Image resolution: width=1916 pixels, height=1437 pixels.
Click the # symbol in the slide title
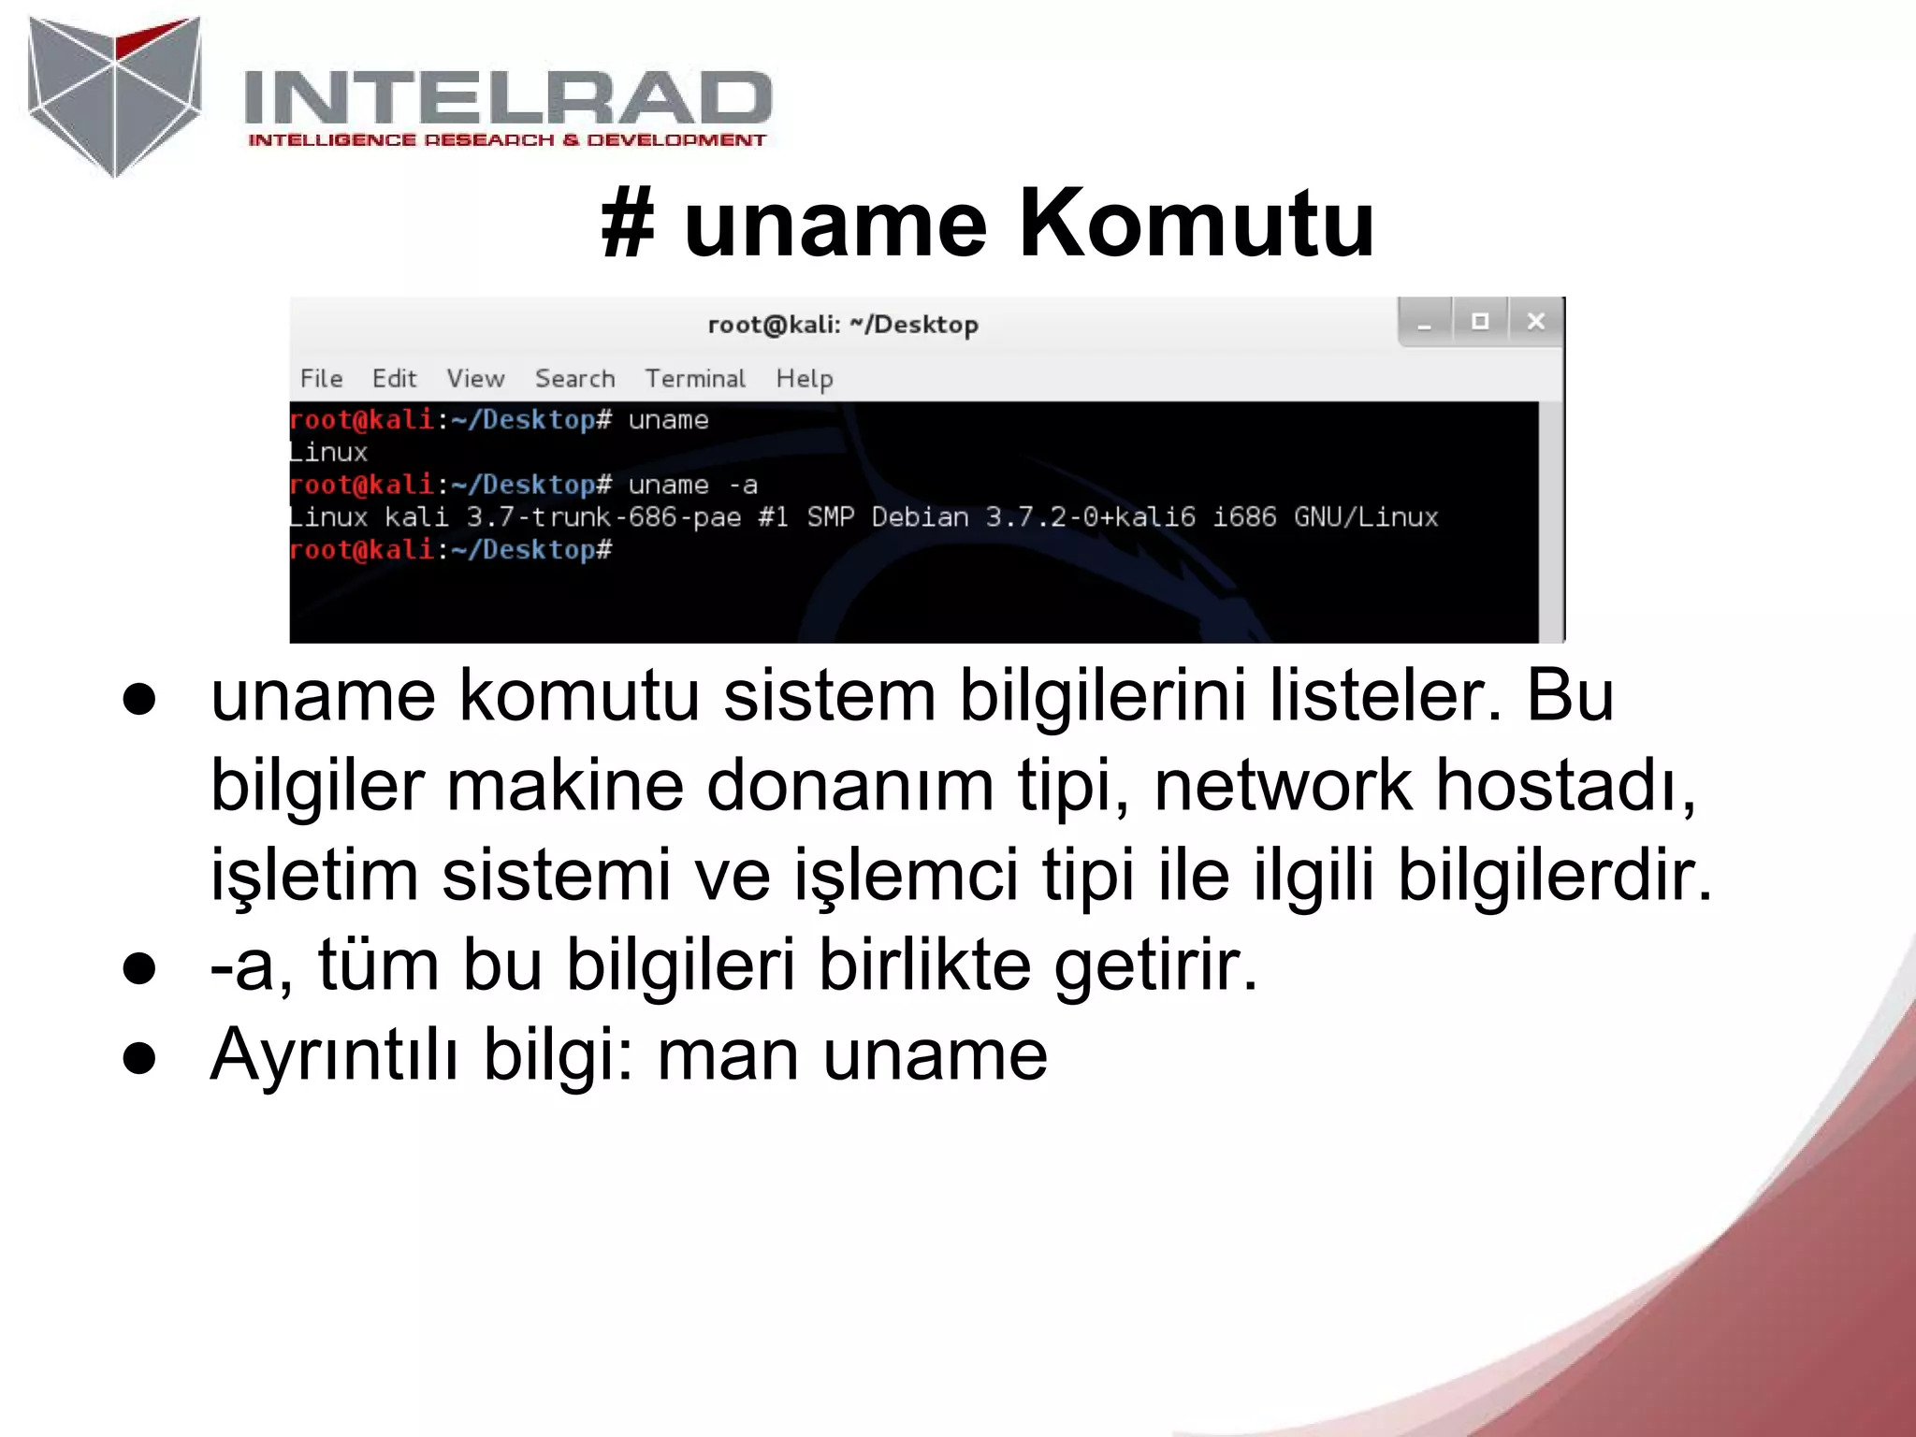point(627,225)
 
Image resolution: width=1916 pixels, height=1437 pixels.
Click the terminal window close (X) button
point(1535,322)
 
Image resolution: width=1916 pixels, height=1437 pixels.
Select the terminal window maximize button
point(1480,322)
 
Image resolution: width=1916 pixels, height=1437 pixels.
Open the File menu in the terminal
point(321,378)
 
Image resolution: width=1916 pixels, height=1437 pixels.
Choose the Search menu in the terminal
point(574,378)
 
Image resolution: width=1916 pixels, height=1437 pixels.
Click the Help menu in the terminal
point(804,378)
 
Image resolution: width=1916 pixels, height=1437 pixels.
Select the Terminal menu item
point(695,378)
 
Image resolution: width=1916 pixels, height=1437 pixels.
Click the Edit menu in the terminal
point(394,378)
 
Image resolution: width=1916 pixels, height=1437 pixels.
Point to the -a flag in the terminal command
point(744,485)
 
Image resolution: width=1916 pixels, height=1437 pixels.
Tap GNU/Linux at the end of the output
point(1366,517)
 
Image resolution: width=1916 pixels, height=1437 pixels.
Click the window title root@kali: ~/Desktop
point(843,325)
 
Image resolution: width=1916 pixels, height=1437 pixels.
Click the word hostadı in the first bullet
point(1564,785)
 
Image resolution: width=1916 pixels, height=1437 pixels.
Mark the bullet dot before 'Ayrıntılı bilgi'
point(139,1058)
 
